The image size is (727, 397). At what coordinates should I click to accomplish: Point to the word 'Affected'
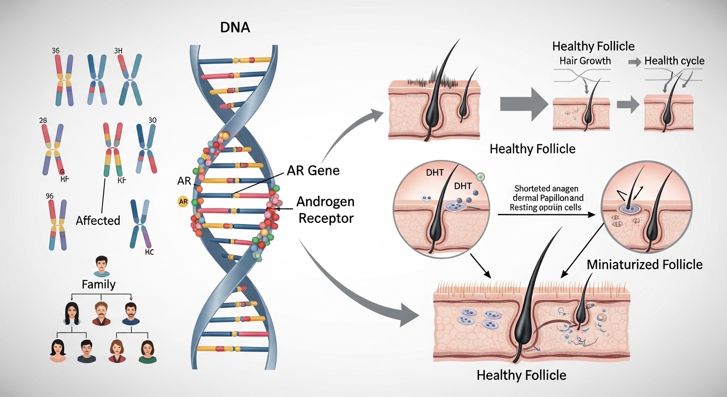[x=98, y=221]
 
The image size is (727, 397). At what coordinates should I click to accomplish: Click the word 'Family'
[x=98, y=284]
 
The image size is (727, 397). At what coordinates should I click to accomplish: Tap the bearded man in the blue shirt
[x=130, y=313]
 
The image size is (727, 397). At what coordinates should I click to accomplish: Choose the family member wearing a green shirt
[x=147, y=351]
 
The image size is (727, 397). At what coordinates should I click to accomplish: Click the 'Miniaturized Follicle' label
[x=644, y=265]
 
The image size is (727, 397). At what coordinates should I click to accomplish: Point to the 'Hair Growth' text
[x=585, y=61]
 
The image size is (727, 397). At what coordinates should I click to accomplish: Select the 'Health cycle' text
[x=674, y=61]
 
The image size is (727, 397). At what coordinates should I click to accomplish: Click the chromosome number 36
[x=56, y=51]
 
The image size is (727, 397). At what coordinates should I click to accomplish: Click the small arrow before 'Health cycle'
[x=632, y=62]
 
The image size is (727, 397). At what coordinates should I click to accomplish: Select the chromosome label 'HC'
[x=150, y=253]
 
